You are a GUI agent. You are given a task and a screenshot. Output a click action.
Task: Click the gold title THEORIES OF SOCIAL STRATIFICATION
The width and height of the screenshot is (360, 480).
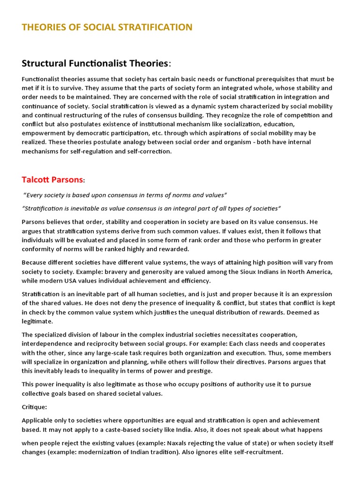[x=107, y=27]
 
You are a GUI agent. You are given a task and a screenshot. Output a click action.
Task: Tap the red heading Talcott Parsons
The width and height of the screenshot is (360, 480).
[x=52, y=180]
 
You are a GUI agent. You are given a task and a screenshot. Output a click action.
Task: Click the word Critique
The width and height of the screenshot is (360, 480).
[x=34, y=407]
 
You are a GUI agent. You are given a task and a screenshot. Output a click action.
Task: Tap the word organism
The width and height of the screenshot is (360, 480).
[x=219, y=142]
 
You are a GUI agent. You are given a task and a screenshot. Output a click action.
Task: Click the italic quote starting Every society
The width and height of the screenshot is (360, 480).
[x=125, y=195]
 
